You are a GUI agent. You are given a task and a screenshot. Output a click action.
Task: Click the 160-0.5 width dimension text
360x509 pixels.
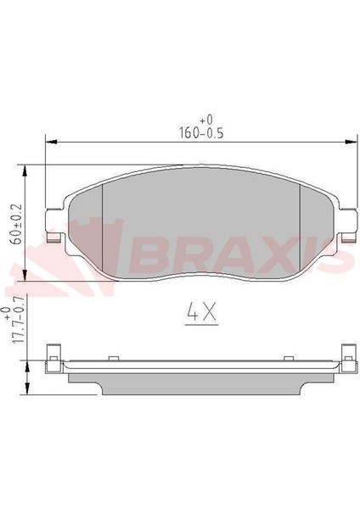click(201, 133)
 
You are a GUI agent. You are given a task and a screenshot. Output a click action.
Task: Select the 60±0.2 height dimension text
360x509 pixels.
click(16, 224)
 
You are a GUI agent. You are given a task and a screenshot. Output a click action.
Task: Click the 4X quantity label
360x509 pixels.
click(201, 313)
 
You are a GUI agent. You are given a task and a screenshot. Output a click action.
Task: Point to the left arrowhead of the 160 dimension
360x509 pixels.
click(51, 142)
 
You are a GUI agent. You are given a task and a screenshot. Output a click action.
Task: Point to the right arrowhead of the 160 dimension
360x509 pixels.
click(351, 142)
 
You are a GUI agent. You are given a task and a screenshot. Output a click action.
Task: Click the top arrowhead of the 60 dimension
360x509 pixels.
click(25, 171)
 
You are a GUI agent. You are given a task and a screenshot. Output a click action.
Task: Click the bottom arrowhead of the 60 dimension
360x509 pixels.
click(25, 275)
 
